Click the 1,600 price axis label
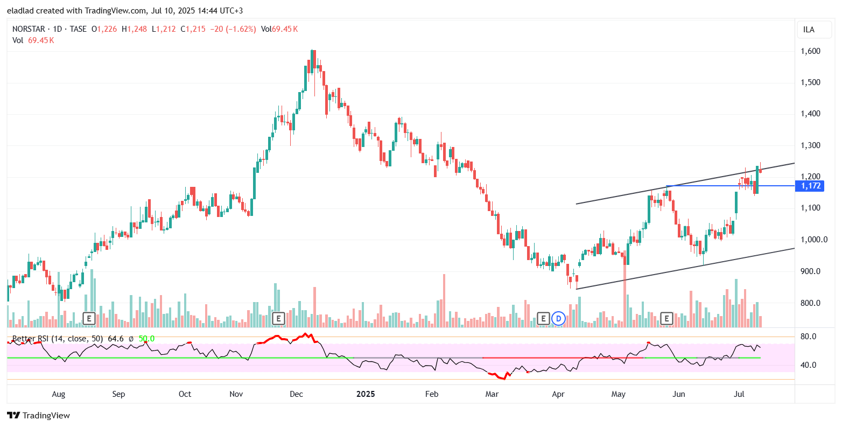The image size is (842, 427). (x=810, y=51)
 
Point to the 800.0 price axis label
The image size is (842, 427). (x=810, y=303)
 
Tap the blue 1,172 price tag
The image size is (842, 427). (x=810, y=186)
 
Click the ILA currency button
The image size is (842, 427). (x=809, y=30)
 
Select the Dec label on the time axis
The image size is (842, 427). (x=297, y=394)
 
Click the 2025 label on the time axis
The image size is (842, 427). (x=366, y=394)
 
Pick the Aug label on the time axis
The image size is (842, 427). (x=58, y=394)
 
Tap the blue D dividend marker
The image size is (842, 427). (x=559, y=318)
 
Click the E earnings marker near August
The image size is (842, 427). (x=89, y=318)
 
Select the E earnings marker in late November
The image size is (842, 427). (x=278, y=318)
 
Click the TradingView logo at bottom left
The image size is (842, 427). (x=38, y=415)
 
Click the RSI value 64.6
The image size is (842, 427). (x=116, y=339)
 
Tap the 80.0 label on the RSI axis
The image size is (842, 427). (x=809, y=337)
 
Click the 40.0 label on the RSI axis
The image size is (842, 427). (x=809, y=365)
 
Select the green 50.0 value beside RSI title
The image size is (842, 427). (x=146, y=339)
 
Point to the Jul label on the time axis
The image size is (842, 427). (x=739, y=394)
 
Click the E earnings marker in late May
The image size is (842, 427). (x=667, y=318)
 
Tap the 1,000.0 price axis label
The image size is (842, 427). (x=812, y=240)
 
